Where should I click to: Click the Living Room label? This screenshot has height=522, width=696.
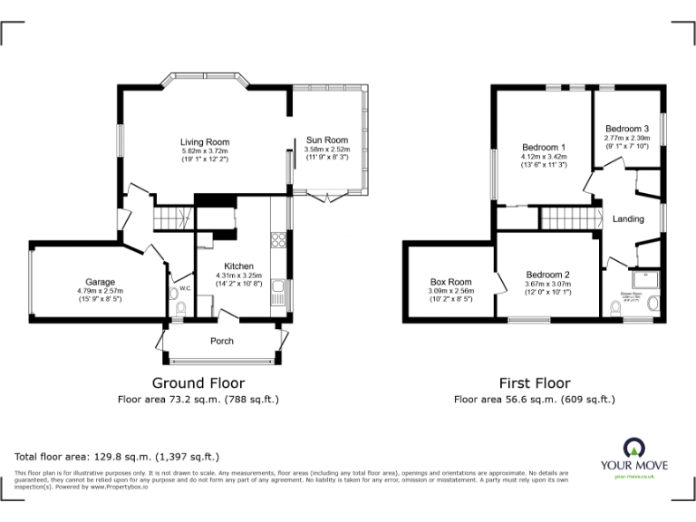(x=204, y=142)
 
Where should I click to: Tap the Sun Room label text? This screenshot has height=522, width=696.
(x=326, y=140)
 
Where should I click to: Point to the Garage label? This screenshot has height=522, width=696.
(x=100, y=282)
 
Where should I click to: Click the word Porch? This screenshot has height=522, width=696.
(x=222, y=342)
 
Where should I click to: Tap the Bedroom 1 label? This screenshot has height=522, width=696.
(x=544, y=148)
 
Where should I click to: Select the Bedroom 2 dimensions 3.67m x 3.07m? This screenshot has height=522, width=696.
(x=547, y=285)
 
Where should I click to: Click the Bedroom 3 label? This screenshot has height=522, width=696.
(x=627, y=129)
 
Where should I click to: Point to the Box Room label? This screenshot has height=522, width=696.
(x=450, y=282)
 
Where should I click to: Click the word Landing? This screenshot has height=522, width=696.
(x=628, y=219)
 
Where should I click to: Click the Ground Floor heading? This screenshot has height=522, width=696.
(x=198, y=383)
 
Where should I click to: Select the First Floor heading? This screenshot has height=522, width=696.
(x=535, y=383)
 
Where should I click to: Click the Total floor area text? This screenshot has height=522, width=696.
(x=117, y=457)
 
